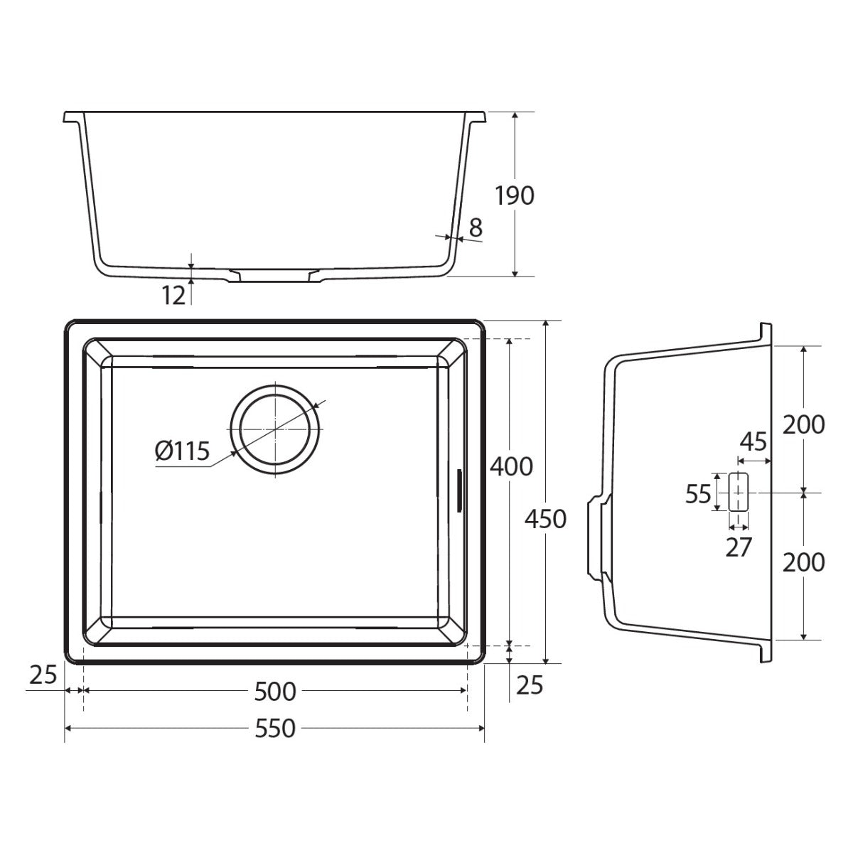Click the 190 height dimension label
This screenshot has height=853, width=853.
[x=514, y=195]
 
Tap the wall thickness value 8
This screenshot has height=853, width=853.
[x=475, y=228]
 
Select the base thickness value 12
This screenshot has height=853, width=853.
[x=173, y=296]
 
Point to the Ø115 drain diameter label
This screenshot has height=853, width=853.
[x=182, y=451]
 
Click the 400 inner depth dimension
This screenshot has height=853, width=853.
[x=511, y=466]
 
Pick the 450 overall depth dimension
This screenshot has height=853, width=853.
[x=545, y=519]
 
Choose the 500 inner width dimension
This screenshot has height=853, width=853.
[x=275, y=692]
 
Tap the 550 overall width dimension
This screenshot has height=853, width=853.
[x=275, y=728]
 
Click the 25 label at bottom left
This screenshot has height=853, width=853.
[x=43, y=675]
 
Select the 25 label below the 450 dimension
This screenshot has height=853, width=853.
[x=530, y=685]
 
